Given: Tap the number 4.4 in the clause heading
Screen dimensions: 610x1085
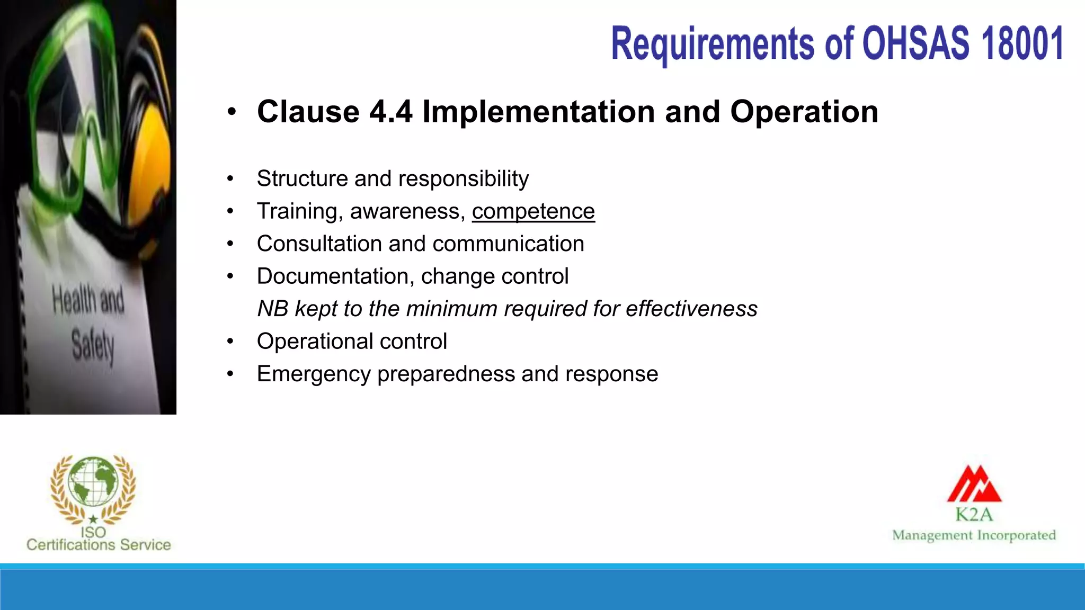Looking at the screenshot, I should pos(390,112).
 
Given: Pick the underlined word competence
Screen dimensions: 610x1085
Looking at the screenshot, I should pos(533,211).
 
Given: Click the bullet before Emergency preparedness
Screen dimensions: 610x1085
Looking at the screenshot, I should pos(230,374).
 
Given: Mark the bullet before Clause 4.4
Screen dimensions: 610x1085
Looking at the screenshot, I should pos(231,112).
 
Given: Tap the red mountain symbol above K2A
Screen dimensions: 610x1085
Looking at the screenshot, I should pos(974,484).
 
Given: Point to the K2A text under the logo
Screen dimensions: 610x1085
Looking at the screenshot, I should pos(974,514).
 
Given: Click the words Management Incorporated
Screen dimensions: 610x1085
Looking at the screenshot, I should pos(974,535).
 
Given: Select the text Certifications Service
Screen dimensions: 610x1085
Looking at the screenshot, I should pos(99,545).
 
